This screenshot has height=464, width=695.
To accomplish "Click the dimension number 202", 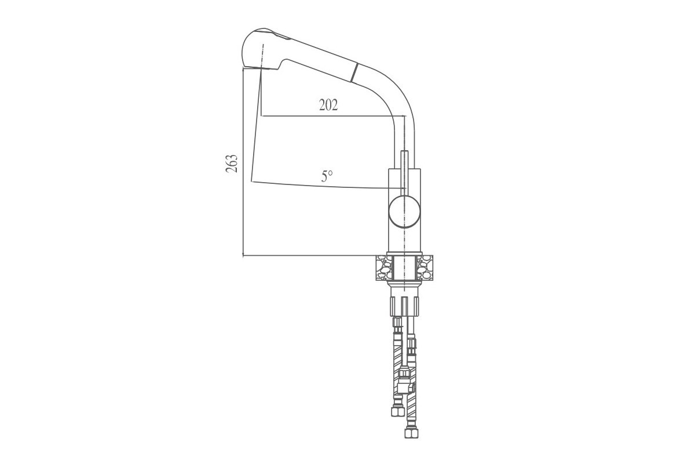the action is click(328, 105).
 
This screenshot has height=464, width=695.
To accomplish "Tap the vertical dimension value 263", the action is click(232, 164).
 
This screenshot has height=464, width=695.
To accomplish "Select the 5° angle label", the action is click(327, 176).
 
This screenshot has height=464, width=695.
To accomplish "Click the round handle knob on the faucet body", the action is click(405, 212).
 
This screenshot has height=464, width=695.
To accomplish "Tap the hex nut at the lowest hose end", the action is click(411, 433).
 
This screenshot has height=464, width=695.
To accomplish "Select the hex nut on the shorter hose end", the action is click(398, 411).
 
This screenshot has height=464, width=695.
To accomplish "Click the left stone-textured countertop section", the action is click(384, 267).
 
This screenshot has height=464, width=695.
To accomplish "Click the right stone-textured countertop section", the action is click(425, 267).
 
